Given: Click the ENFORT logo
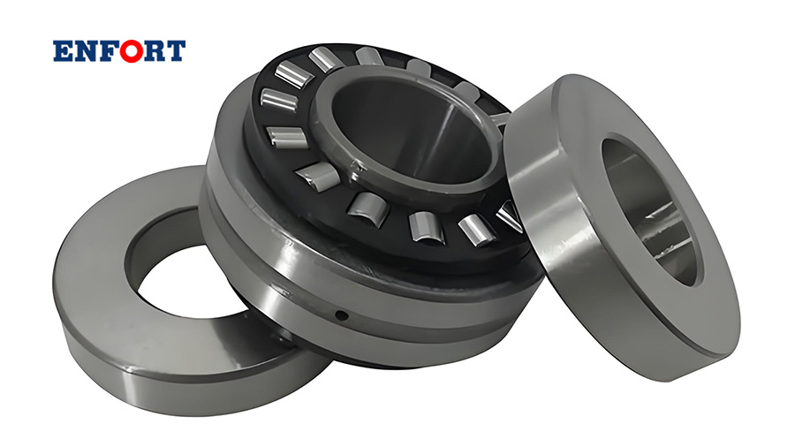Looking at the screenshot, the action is coord(119,51).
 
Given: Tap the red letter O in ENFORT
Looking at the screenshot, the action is coord(132,51).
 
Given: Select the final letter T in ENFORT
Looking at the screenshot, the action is coord(176,51).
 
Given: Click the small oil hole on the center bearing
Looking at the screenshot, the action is coord(342,315).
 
